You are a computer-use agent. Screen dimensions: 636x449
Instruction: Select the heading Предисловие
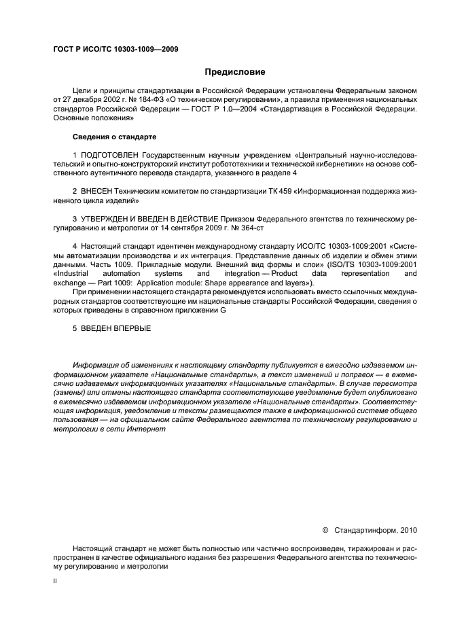click(x=235, y=71)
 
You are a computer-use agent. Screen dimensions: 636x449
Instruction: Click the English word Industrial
click(x=76, y=272)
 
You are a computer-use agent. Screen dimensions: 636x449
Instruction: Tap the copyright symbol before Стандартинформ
click(x=325, y=528)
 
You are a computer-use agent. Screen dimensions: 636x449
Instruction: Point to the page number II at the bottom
click(x=56, y=582)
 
